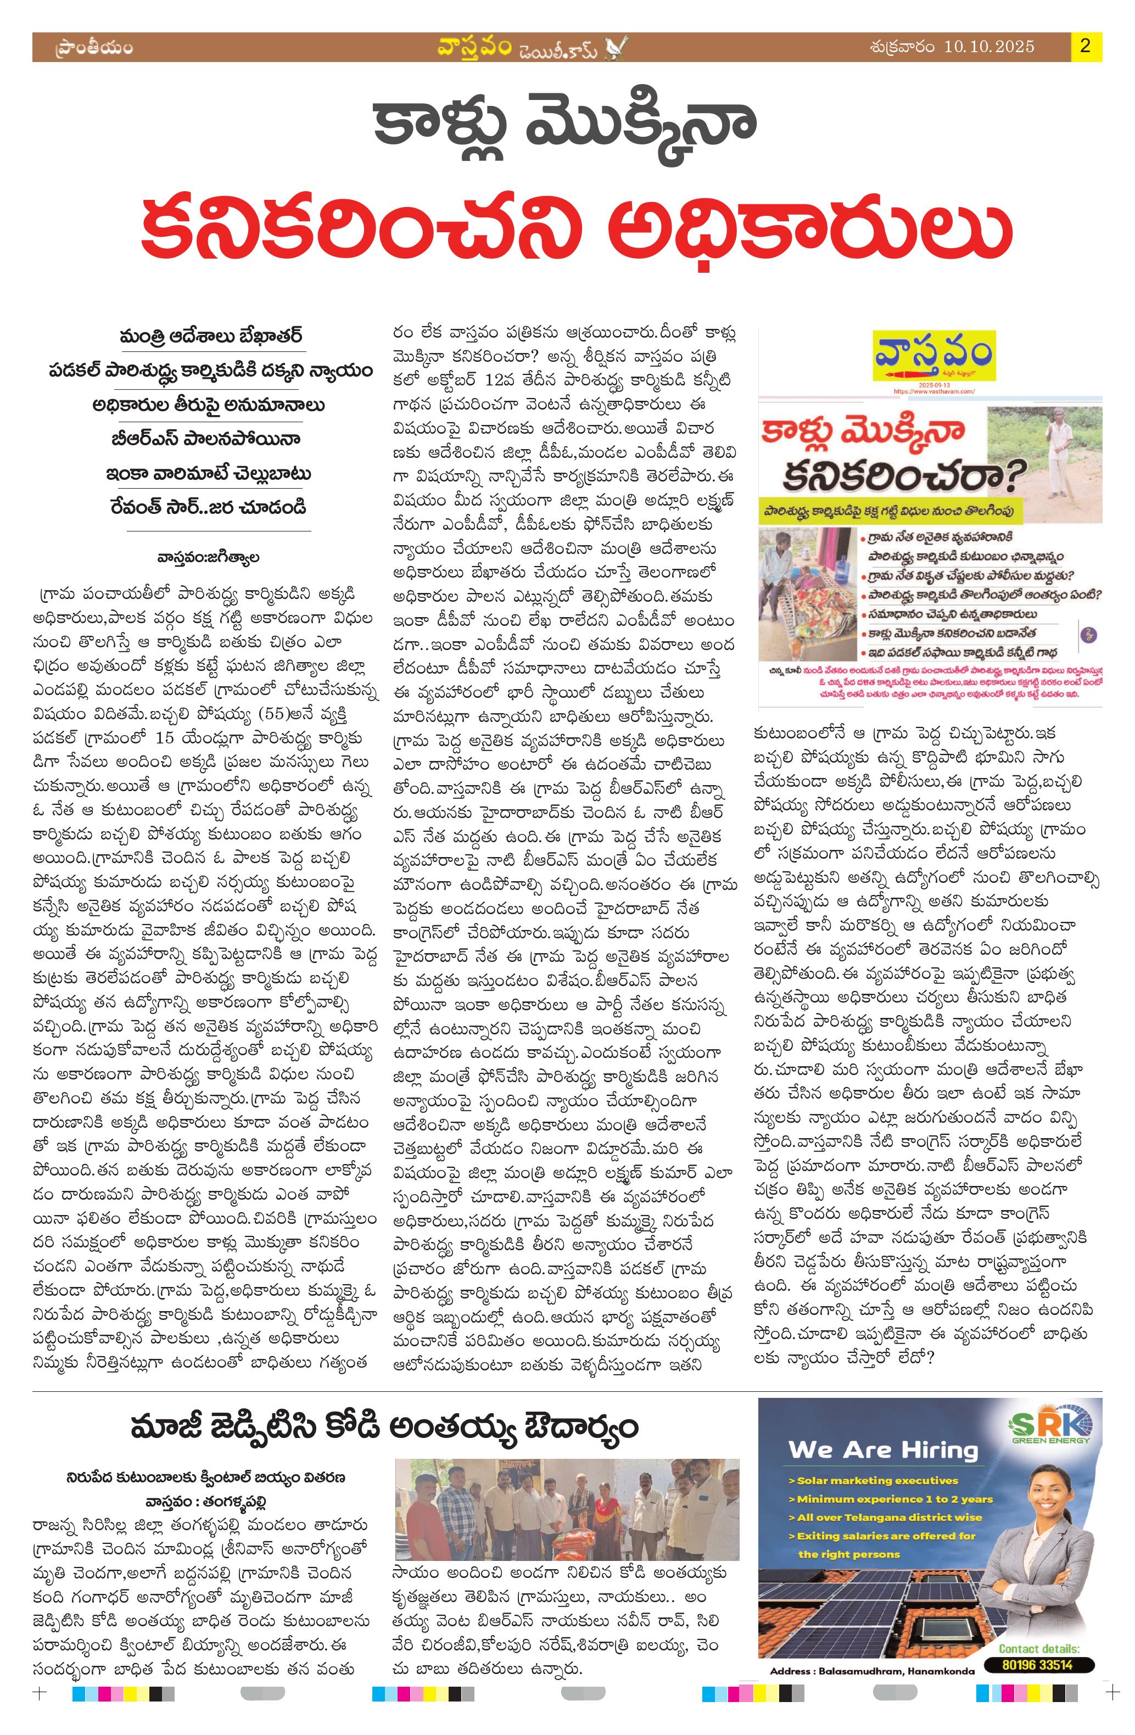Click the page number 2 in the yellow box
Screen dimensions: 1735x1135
click(x=1086, y=47)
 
